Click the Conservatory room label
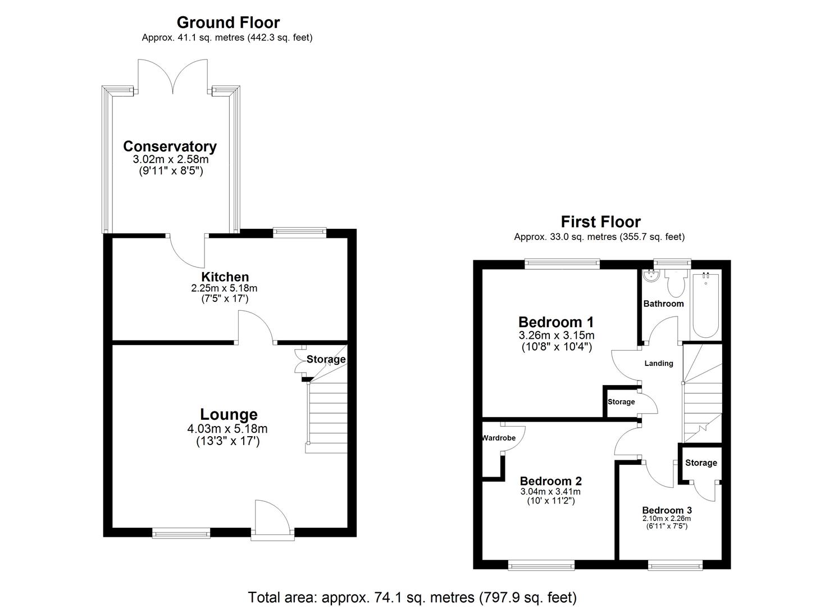click(170, 147)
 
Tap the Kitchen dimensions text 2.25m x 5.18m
click(225, 288)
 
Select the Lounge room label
click(229, 415)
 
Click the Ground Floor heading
click(228, 22)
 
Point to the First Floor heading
click(600, 221)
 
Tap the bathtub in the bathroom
click(705, 303)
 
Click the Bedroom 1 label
click(556, 322)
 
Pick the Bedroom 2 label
click(550, 481)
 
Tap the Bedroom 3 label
click(667, 510)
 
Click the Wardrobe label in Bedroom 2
click(499, 438)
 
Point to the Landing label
click(658, 364)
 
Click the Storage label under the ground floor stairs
click(326, 359)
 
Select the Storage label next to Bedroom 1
click(621, 402)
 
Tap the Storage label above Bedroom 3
click(700, 463)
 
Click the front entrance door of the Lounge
click(272, 520)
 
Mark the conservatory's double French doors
click(174, 76)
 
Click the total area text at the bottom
click(412, 596)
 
